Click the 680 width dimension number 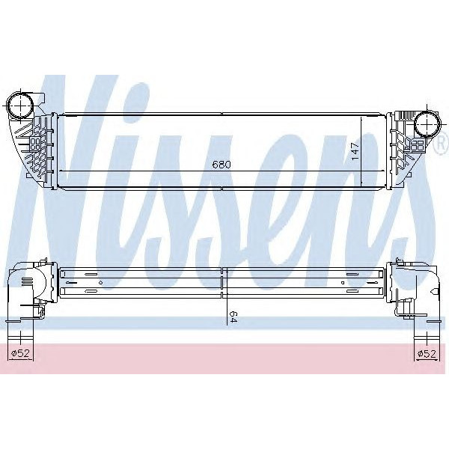click(x=221, y=164)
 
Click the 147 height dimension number click(x=355, y=153)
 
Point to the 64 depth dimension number click(x=233, y=317)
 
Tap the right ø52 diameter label click(x=427, y=353)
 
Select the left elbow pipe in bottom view click(x=26, y=288)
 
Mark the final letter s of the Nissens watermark click(x=400, y=202)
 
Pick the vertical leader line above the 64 click(x=224, y=296)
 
